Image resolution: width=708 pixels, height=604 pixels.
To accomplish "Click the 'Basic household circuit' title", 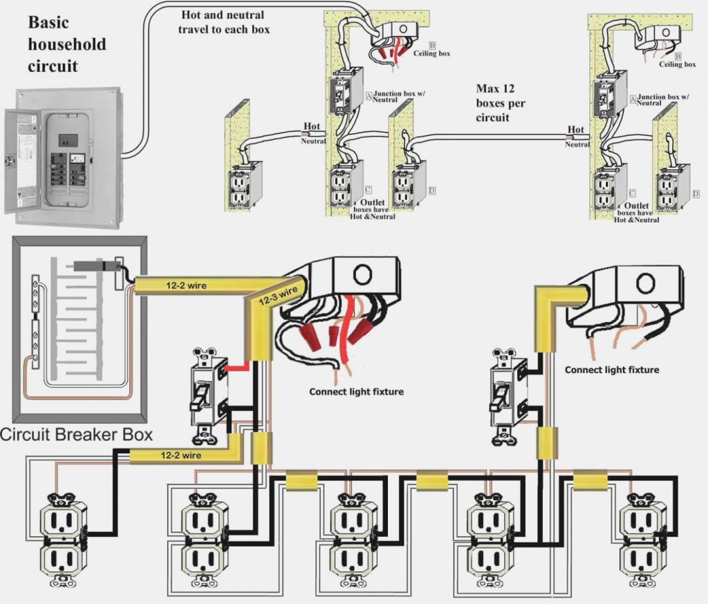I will pos(66,44).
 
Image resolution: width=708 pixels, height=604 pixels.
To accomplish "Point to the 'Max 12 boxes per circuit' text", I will pos(501,103).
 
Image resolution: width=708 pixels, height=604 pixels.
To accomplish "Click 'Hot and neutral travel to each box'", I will pos(225,22).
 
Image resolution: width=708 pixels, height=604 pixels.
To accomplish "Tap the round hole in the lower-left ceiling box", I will pos(362,274).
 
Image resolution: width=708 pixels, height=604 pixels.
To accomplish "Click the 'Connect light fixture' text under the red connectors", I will pos(355,392).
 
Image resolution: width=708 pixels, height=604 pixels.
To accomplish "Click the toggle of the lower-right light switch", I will pos(496,397).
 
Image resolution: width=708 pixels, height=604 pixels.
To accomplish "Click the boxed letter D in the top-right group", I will pos(694,194).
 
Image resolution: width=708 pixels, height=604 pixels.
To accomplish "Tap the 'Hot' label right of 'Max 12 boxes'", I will pos(575,129).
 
